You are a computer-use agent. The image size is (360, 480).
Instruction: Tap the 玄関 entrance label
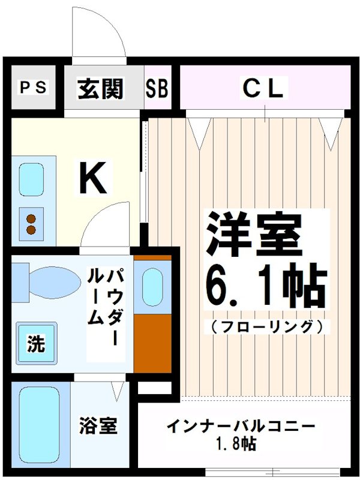coord(100,89)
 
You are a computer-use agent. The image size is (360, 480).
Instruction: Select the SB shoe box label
coord(158,89)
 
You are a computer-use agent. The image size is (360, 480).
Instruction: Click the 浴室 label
coord(98,427)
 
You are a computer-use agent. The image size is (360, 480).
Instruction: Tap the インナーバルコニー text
coord(240,427)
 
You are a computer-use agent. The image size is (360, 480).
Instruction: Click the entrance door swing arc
coord(99,33)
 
